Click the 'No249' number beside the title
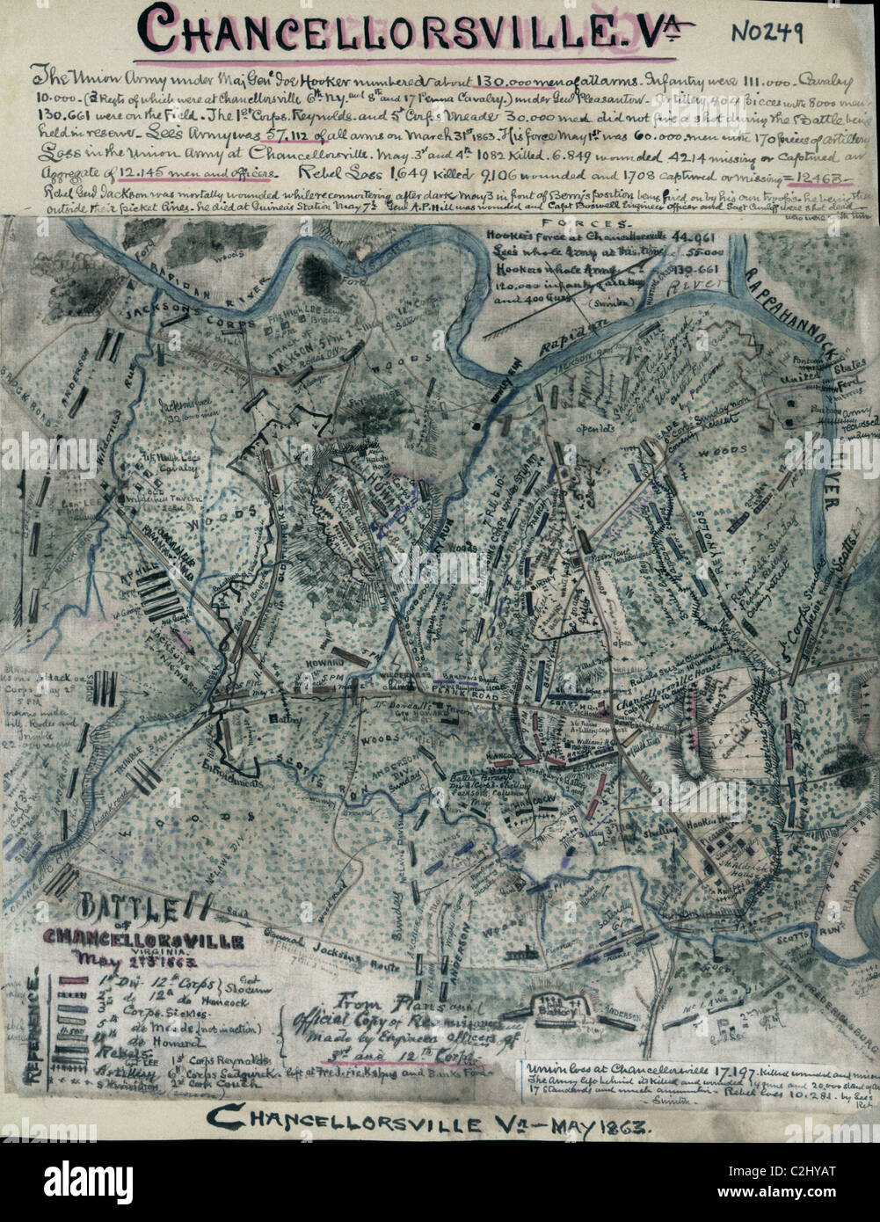click(x=767, y=32)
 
